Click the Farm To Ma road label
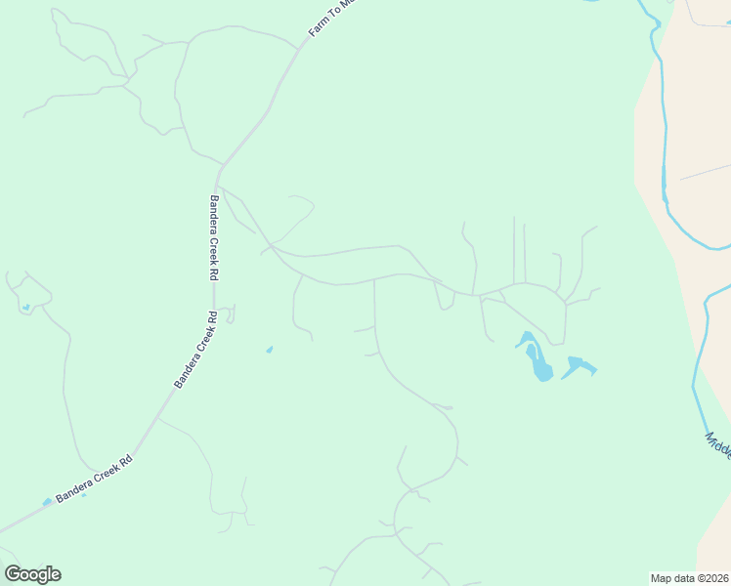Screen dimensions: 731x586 pyautogui.click(x=324, y=19)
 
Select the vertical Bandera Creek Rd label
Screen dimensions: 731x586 pyautogui.click(x=213, y=238)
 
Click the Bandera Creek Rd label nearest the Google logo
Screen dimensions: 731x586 pyautogui.click(x=93, y=479)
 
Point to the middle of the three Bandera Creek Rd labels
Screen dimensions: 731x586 pyautogui.click(x=194, y=350)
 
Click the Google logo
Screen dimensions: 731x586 pyautogui.click(x=32, y=574)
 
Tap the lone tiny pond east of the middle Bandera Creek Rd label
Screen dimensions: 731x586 pyautogui.click(x=269, y=349)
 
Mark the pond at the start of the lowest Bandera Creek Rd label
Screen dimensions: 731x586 pyautogui.click(x=47, y=502)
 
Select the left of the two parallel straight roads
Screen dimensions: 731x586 pyautogui.click(x=514, y=249)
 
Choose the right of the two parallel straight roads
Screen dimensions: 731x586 pyautogui.click(x=525, y=252)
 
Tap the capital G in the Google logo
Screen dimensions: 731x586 pyautogui.click(x=14, y=574)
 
